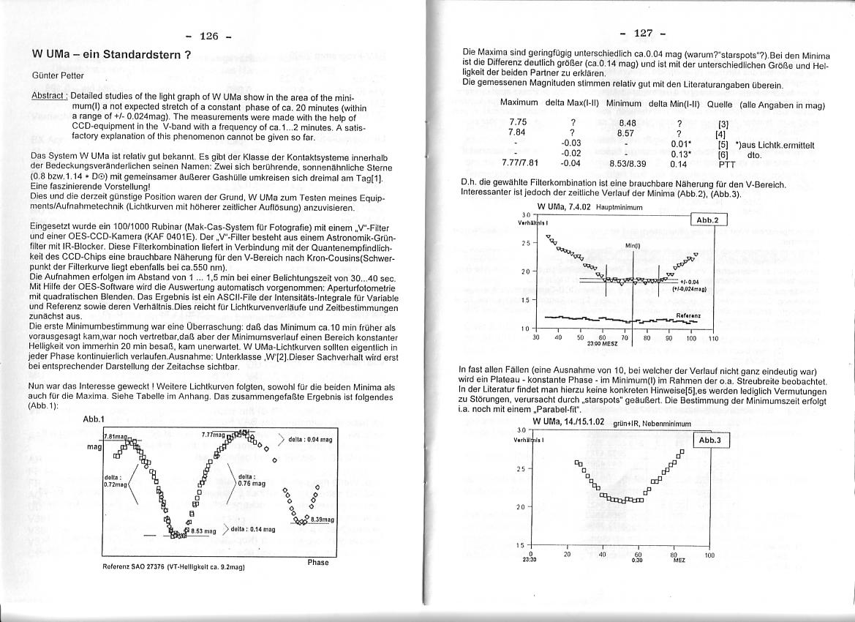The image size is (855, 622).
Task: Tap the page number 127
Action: pyautogui.click(x=641, y=33)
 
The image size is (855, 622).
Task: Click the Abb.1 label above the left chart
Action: pyautogui.click(x=95, y=419)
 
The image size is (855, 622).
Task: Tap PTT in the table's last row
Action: pyautogui.click(x=726, y=165)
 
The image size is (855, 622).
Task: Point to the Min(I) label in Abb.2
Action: pyautogui.click(x=633, y=245)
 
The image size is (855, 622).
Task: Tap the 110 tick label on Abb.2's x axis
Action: pyautogui.click(x=713, y=338)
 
